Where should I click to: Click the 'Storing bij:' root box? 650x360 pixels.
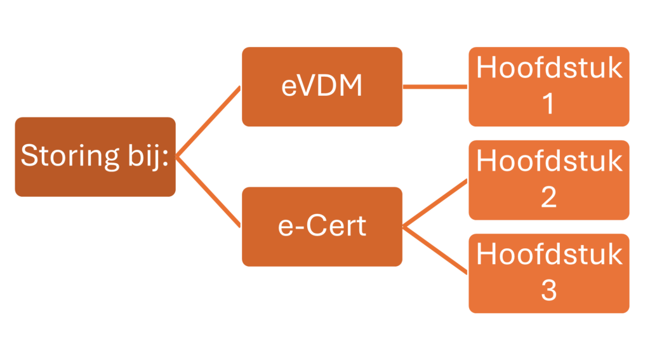[x=95, y=157]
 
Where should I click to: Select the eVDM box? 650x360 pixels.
[x=322, y=87]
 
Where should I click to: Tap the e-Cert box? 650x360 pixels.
[x=322, y=227]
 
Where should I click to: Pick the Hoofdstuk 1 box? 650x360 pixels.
[x=549, y=87]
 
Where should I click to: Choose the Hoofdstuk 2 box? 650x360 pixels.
[x=549, y=180]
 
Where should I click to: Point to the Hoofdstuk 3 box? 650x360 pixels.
[x=549, y=273]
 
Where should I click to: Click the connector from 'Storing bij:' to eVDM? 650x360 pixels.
[x=208, y=121]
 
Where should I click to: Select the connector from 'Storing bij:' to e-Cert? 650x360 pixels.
[x=208, y=192]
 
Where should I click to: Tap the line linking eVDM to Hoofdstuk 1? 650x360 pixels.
[x=435, y=87]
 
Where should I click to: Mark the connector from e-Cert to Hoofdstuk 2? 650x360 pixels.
[x=435, y=203]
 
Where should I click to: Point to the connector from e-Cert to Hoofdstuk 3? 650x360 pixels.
[x=435, y=250]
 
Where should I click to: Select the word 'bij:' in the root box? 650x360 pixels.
[x=149, y=157]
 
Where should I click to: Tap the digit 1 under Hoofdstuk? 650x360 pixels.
[x=548, y=103]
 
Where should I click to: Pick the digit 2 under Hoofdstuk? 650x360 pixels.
[x=549, y=197]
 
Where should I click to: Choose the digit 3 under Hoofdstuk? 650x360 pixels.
[x=549, y=290]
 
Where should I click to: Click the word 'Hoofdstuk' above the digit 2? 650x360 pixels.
[x=549, y=161]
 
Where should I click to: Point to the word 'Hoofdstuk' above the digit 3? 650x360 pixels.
[x=549, y=254]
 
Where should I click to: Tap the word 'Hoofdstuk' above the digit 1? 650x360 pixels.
[x=549, y=67]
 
